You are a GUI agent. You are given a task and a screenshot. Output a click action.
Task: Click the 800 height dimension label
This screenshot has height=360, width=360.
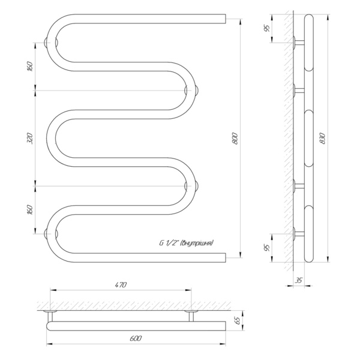(x=235, y=139)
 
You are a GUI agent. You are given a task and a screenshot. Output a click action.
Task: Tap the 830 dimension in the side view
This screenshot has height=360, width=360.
(x=323, y=139)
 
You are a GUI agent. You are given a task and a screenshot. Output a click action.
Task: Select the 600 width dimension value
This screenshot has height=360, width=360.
(x=136, y=338)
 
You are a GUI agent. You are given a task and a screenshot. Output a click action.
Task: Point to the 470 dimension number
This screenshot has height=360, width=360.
(x=121, y=285)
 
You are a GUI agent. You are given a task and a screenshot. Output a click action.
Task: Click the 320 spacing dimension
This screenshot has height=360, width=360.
(x=30, y=138)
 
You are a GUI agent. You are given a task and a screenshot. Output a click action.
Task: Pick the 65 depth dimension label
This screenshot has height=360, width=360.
(x=238, y=320)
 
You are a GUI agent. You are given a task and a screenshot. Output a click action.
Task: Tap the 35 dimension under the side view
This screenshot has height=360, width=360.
(x=299, y=280)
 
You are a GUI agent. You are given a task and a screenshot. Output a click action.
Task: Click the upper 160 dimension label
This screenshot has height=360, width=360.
(x=30, y=67)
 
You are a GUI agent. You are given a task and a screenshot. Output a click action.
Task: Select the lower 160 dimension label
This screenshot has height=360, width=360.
(x=30, y=209)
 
